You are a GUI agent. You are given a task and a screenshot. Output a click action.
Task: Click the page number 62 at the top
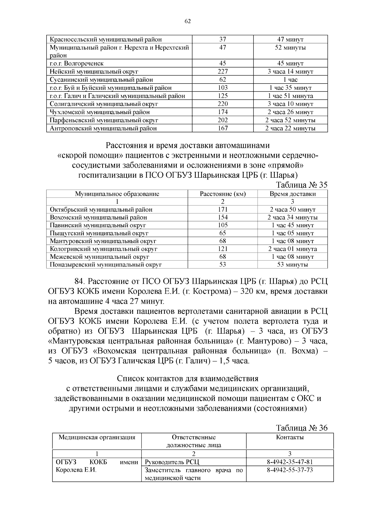[187, 21]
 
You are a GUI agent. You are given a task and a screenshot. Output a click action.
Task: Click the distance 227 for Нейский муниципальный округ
[223, 72]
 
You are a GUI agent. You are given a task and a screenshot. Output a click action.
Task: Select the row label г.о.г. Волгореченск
[76, 64]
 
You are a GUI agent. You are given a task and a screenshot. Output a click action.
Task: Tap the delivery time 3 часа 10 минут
[290, 104]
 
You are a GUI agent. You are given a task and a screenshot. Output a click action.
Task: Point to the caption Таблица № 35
[302, 185]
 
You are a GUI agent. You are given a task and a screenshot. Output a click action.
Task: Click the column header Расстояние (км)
[223, 194]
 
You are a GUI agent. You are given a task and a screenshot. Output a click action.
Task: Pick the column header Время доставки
[292, 194]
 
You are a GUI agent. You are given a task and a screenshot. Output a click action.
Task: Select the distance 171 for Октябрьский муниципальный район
[223, 209]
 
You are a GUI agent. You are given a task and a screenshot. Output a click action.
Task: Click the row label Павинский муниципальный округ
[98, 225]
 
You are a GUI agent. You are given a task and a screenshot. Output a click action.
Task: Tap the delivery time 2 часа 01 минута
[292, 249]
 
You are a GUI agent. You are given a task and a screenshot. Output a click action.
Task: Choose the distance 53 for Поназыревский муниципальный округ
[223, 265]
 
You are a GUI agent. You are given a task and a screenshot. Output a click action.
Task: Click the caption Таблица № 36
[302, 428]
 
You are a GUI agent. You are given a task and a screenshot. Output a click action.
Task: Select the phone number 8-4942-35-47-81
[290, 462]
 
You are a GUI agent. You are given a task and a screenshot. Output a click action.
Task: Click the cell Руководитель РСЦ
[172, 462]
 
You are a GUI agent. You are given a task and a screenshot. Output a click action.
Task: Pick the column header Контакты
[290, 437]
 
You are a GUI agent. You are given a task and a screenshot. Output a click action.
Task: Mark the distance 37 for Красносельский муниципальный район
[223, 39]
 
